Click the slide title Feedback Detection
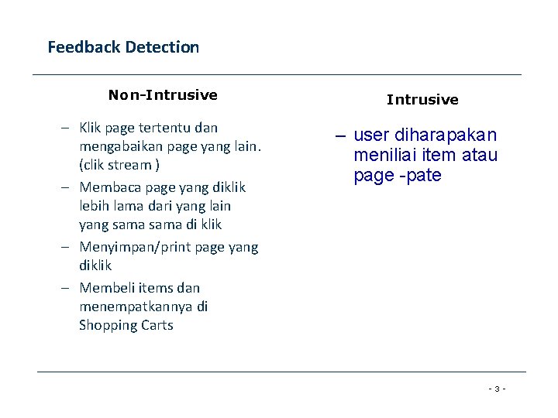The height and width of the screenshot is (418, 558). [x=123, y=47]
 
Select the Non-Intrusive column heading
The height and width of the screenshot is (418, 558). [x=163, y=95]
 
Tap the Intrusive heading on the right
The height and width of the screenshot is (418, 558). [x=422, y=100]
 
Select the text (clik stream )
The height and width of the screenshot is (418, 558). [x=119, y=165]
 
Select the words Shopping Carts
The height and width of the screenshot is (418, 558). [x=126, y=325]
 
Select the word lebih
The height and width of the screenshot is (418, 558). [x=93, y=206]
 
